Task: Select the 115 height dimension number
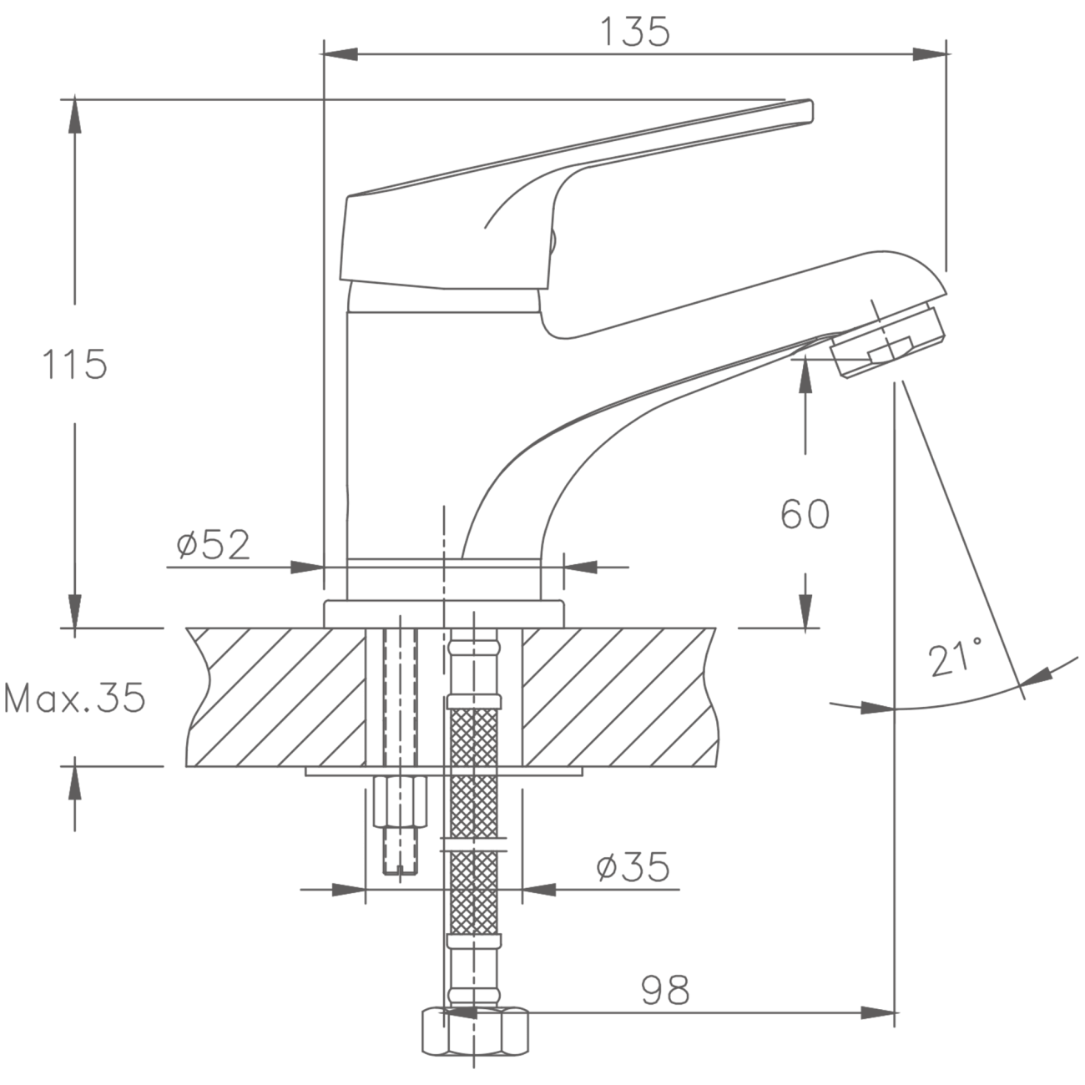pyautogui.click(x=74, y=364)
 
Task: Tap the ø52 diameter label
pyautogui.click(x=213, y=544)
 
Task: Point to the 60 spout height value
pyautogui.click(x=805, y=513)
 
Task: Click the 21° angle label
pyautogui.click(x=956, y=657)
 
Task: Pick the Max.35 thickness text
pyautogui.click(x=75, y=699)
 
